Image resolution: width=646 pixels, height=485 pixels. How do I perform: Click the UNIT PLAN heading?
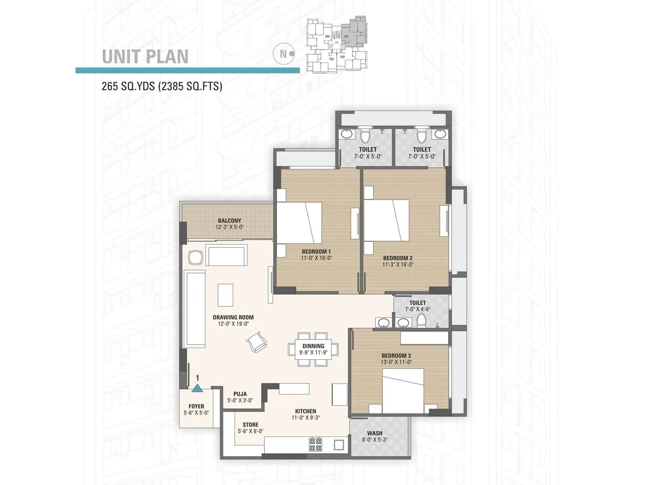click(145, 57)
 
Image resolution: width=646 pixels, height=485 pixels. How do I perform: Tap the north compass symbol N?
click(283, 53)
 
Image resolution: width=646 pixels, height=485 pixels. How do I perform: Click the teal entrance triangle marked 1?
click(197, 389)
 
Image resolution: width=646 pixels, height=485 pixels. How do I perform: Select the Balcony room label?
click(229, 221)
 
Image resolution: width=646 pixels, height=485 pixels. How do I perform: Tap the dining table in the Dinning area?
click(313, 349)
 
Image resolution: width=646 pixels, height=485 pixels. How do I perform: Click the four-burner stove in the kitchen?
click(315, 445)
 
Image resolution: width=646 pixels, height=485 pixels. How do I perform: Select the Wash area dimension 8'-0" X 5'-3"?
click(375, 440)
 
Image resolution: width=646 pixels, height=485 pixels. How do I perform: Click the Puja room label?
click(240, 394)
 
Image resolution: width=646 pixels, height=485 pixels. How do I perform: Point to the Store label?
click(250, 425)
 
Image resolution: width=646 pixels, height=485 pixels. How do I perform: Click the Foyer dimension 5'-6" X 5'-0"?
click(196, 413)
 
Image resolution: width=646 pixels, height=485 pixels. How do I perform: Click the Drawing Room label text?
click(233, 317)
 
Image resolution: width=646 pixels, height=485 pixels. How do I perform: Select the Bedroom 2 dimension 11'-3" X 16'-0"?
click(398, 265)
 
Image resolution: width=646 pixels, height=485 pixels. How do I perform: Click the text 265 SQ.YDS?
click(128, 86)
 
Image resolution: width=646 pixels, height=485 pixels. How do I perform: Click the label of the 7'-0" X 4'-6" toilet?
click(417, 303)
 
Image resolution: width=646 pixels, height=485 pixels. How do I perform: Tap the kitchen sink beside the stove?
click(339, 445)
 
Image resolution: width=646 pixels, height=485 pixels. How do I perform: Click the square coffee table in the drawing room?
click(225, 295)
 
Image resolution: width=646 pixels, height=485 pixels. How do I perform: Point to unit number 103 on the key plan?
click(331, 59)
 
